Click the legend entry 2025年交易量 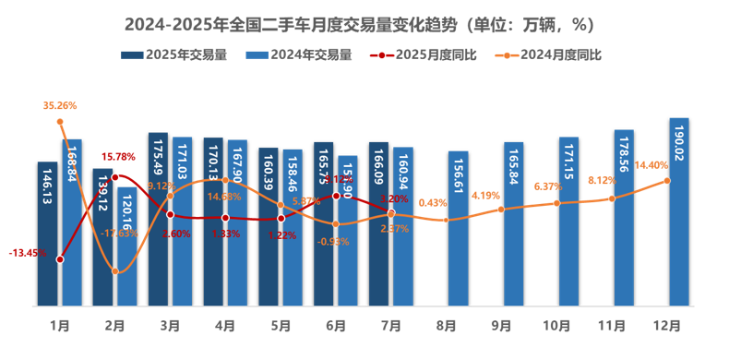click(174, 54)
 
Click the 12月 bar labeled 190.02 click(679, 212)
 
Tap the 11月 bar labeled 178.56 click(624, 218)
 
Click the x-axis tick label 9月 click(502, 326)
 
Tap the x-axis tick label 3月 click(170, 326)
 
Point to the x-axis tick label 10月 click(557, 326)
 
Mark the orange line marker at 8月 click(447, 220)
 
